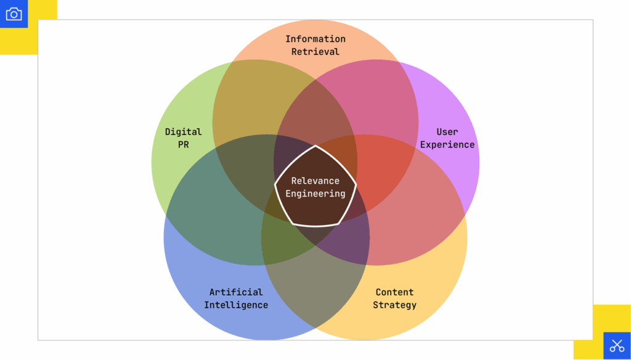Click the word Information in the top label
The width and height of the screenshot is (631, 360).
pyautogui.click(x=315, y=39)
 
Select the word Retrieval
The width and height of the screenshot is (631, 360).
pyautogui.click(x=315, y=52)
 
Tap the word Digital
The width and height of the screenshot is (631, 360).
pyautogui.click(x=183, y=132)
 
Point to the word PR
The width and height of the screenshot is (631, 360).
pyautogui.click(x=183, y=145)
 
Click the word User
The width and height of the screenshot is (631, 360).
pyautogui.click(x=447, y=132)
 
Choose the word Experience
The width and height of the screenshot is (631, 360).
pyautogui.click(x=447, y=145)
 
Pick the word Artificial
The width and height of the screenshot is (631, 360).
pyautogui.click(x=236, y=292)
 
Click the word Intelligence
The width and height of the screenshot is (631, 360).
pyautogui.click(x=236, y=305)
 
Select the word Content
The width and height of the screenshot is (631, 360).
pyautogui.click(x=394, y=292)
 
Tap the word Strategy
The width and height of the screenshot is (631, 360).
pyautogui.click(x=394, y=305)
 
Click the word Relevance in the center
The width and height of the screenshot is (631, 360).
pyautogui.click(x=315, y=181)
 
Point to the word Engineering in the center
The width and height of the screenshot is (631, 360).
pyautogui.click(x=315, y=194)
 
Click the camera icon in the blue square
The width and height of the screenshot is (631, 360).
pyautogui.click(x=14, y=14)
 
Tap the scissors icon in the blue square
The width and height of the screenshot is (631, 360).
pyautogui.click(x=617, y=346)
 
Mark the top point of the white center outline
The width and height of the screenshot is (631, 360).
pyautogui.click(x=315, y=146)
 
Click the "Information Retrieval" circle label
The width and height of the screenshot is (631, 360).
pyautogui.click(x=315, y=45)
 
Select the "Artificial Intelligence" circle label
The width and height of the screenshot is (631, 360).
pyautogui.click(x=236, y=298)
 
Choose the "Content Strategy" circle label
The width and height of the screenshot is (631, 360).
pyautogui.click(x=394, y=298)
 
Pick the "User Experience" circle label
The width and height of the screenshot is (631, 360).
pyautogui.click(x=447, y=138)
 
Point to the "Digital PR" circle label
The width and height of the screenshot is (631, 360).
pyautogui.click(x=183, y=138)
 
